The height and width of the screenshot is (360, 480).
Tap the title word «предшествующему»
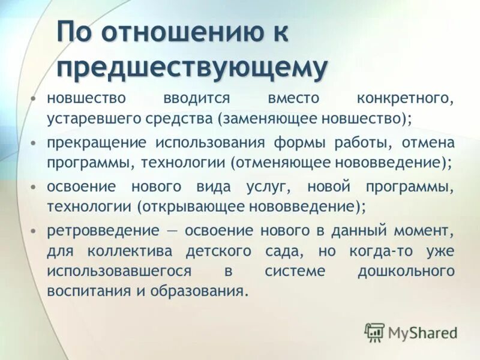coord(193,68)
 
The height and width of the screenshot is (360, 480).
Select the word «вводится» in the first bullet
coord(195,98)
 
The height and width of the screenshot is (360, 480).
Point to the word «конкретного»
coord(405,98)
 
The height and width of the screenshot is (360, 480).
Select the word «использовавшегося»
coord(119,271)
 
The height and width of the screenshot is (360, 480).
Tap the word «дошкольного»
coord(406,271)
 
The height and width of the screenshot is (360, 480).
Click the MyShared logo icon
coord(374,331)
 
